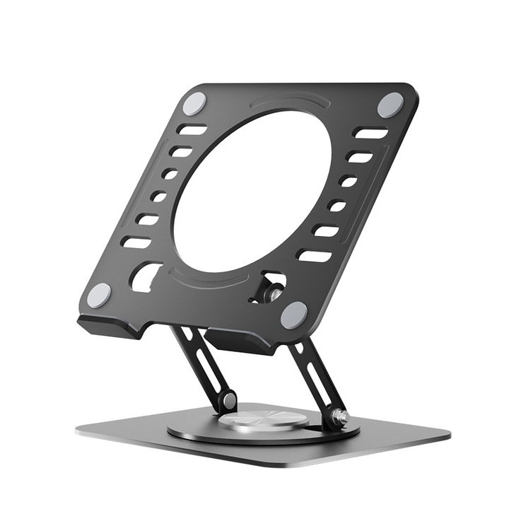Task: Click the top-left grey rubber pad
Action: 194,104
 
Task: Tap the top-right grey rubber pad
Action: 390,105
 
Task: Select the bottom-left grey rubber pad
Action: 99,296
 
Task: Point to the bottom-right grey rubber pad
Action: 293,315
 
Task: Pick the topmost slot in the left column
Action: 192,130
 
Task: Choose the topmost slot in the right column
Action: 370,133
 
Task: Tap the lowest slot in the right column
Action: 314,255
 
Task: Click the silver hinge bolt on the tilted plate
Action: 271,291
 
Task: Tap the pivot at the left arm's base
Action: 228,402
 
